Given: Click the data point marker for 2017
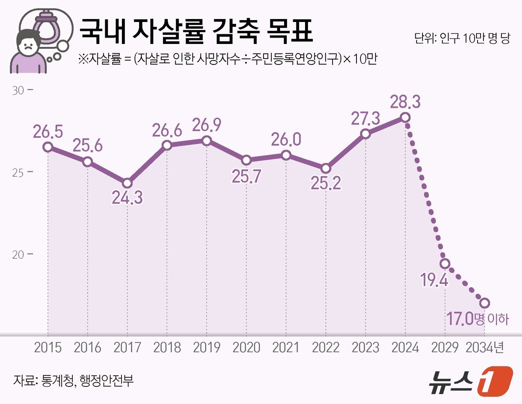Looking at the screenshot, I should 127,183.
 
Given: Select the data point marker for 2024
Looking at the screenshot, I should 405,118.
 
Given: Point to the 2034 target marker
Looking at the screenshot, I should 484,303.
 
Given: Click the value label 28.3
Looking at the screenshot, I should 405,102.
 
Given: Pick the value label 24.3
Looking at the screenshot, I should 127,197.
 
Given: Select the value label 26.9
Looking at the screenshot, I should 207,125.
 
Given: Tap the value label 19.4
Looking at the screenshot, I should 434,280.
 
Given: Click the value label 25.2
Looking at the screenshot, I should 326,183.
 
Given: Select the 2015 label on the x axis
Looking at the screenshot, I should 48,347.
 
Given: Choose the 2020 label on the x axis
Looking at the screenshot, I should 246,347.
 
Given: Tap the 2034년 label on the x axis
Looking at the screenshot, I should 485,347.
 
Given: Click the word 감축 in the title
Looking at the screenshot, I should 236,31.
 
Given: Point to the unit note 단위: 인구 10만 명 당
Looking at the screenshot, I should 462,38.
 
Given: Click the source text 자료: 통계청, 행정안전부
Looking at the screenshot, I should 73,381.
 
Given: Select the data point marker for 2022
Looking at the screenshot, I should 326,169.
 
